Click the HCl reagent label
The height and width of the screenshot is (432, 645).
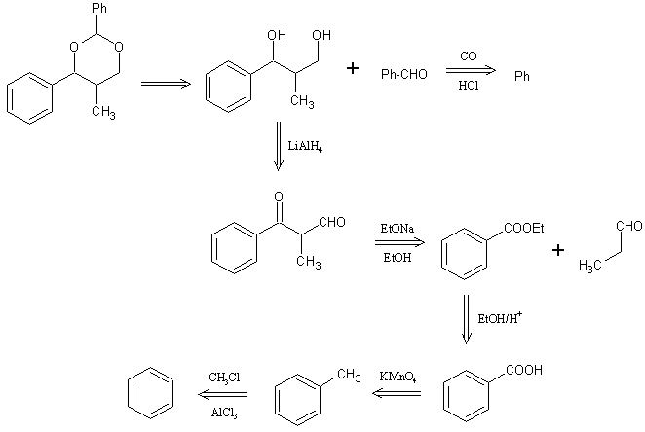point(468,85)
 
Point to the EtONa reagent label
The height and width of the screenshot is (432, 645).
point(394,231)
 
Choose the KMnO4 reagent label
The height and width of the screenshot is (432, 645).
point(396,377)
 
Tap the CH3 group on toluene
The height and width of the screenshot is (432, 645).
point(348,374)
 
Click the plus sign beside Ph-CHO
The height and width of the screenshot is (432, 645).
point(353,69)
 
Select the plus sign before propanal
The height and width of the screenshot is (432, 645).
point(558,250)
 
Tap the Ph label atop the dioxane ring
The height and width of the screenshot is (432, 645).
point(69,10)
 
